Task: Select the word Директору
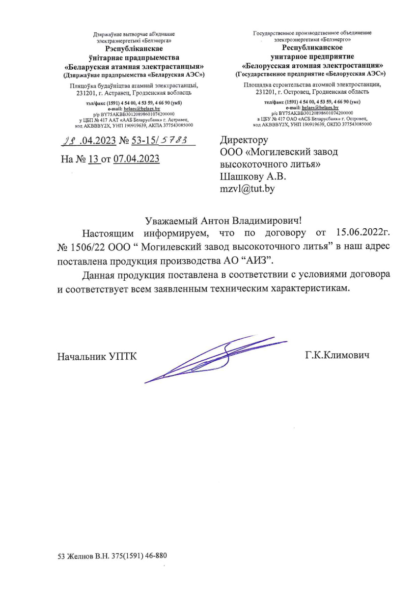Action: pos(244,140)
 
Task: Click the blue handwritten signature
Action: pos(211,357)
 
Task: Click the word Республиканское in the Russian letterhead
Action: pos(312,48)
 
